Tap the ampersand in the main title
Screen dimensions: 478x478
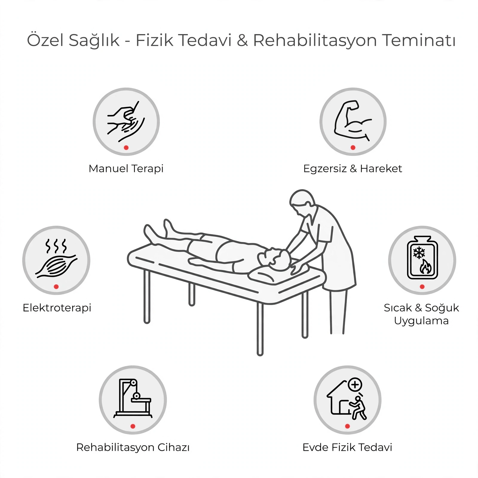tap(242, 40)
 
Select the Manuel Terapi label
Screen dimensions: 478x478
tap(126, 169)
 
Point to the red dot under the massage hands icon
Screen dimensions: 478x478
tap(126, 148)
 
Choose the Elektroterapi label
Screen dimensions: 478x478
tap(57, 308)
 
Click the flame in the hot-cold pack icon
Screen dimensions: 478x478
tap(425, 266)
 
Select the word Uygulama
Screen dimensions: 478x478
tap(421, 321)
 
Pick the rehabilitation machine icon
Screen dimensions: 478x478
tap(133, 398)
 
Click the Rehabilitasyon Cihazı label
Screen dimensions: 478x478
tap(133, 448)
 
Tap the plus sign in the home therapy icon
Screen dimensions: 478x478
tap(355, 385)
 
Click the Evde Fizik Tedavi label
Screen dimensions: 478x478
tap(347, 448)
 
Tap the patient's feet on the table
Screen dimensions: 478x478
tap(158, 232)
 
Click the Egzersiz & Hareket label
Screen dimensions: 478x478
tap(353, 169)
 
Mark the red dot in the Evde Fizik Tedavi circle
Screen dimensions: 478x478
tap(347, 426)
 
